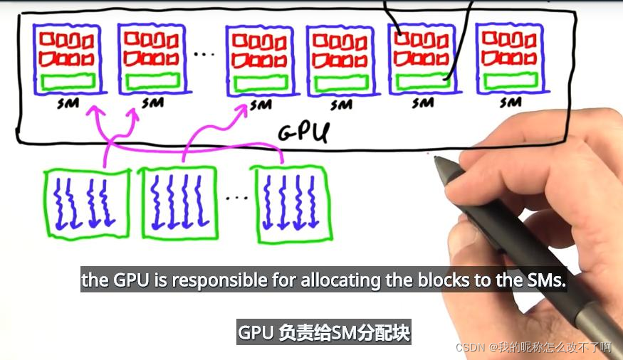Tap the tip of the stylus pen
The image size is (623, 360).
coord(437,159)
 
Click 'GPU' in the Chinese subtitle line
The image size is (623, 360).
coord(256,332)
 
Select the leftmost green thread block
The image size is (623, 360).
coord(86,203)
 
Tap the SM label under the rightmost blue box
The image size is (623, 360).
coord(510,102)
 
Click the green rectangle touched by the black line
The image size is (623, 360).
coord(423,80)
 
